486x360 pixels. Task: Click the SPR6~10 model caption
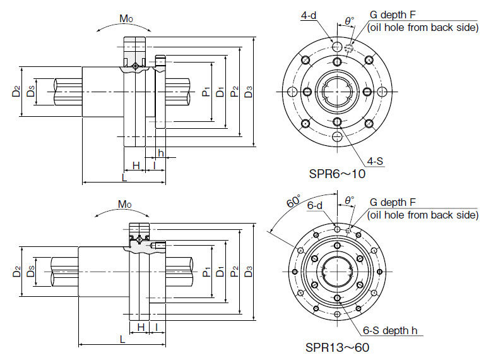(336, 174)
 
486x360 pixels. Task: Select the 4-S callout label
(375, 161)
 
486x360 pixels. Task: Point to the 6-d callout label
(315, 206)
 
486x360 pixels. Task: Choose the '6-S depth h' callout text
(393, 330)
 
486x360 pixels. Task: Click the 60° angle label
(292, 202)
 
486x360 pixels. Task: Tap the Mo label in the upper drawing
(126, 18)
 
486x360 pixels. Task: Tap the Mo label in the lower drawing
(124, 205)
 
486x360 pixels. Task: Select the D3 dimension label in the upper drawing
(249, 92)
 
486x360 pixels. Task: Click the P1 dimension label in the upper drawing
(206, 92)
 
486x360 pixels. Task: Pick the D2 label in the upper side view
(16, 92)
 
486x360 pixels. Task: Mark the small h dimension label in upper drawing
(161, 153)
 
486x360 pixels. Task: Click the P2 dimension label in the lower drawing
(234, 272)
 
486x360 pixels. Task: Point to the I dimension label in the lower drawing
(156, 327)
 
